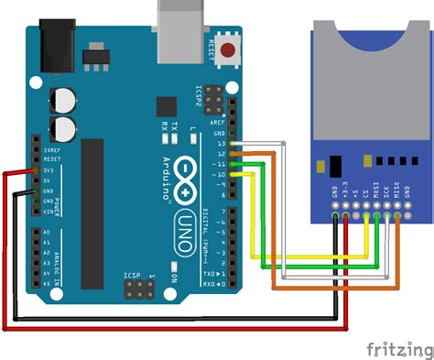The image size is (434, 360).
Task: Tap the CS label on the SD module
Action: pyautogui.click(x=366, y=196)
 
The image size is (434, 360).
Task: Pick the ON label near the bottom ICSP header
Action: pyautogui.click(x=175, y=276)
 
